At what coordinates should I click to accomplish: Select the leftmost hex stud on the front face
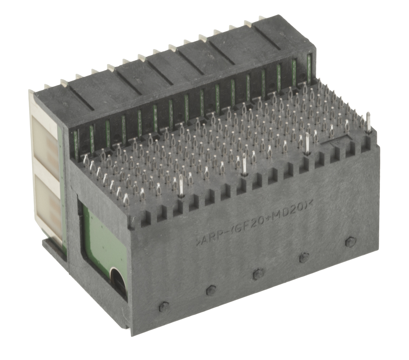click(164, 307)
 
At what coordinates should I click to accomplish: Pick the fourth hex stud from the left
click(304, 257)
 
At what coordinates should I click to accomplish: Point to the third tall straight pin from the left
click(307, 143)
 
